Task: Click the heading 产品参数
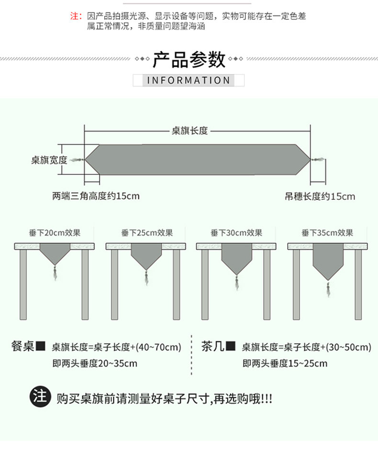point(189,60)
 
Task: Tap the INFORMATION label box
point(189,80)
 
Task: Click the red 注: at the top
point(77,16)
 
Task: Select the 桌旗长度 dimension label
point(190,131)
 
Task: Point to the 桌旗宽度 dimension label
point(49,160)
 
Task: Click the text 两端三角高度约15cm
point(96,196)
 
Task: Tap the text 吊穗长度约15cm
point(320,196)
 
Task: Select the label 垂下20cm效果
point(55,233)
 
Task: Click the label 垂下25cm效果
point(147,233)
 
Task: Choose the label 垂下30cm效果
point(236,233)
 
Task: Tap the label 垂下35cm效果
point(327,233)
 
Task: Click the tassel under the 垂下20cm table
point(55,273)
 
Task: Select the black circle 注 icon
point(40,397)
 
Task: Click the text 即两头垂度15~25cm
point(285,363)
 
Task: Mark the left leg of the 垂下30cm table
point(205,284)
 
